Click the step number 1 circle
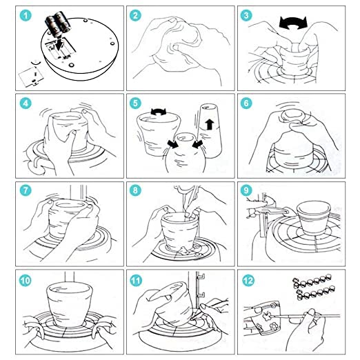click(26, 16)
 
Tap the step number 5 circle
click(135, 103)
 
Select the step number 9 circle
click(246, 190)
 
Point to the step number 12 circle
click(248, 280)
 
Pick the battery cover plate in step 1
click(31, 77)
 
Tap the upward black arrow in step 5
click(209, 124)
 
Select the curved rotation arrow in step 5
click(159, 112)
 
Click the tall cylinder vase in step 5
click(210, 130)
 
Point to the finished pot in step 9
click(314, 217)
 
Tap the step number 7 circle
click(26, 190)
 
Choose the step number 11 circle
click(136, 280)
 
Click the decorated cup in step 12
click(263, 319)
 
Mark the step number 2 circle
click(135, 16)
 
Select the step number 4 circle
click(26, 103)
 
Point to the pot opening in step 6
click(292, 116)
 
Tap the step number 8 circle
click(135, 190)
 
